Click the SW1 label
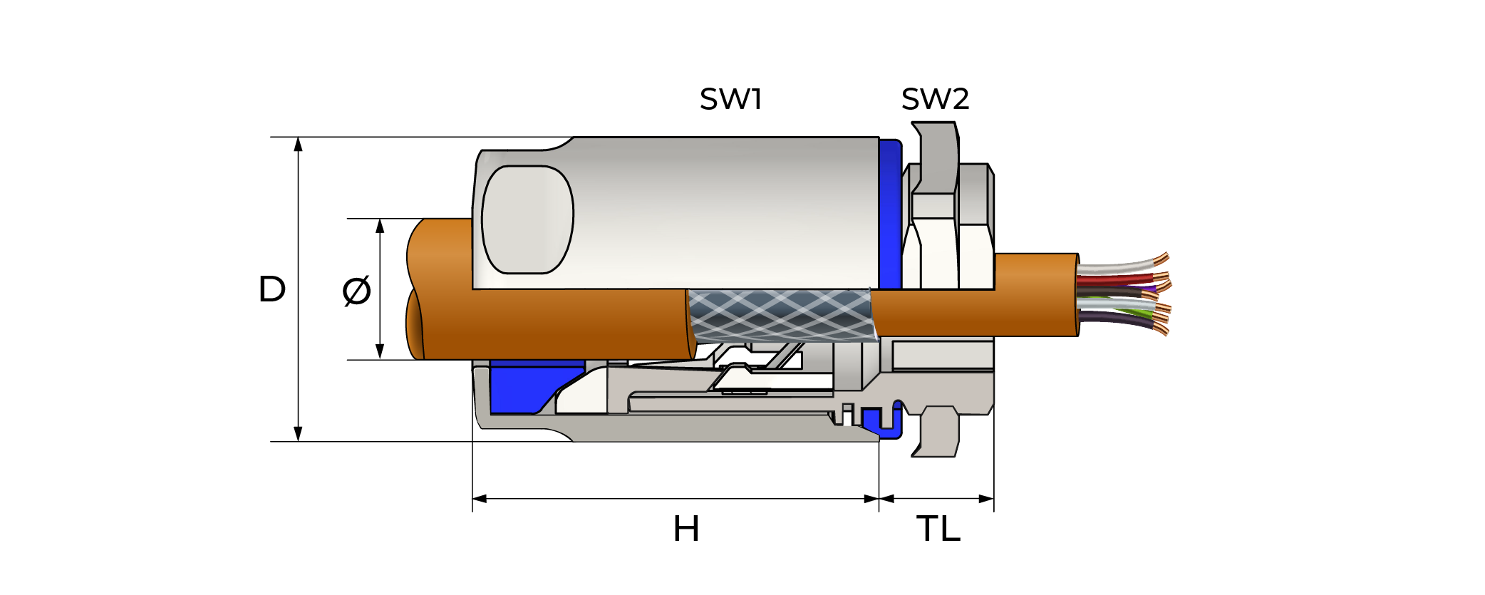pos(730,99)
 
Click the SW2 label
pos(935,99)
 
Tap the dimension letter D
pos(271,289)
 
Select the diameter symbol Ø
pos(356,290)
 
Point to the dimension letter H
pos(685,529)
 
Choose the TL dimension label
pos(938,529)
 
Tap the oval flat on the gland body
pos(527,219)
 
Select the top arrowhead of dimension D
pos(299,145)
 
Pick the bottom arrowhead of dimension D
pos(299,434)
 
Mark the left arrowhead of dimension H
pos(480,499)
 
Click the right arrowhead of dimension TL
pos(986,499)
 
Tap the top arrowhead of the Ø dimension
pos(380,227)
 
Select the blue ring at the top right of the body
pos(889,214)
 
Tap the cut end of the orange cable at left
pos(415,289)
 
